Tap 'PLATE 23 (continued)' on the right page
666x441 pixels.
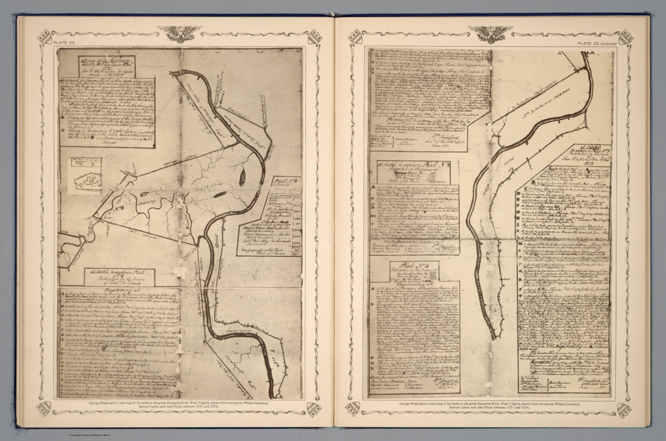pos(596,43)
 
